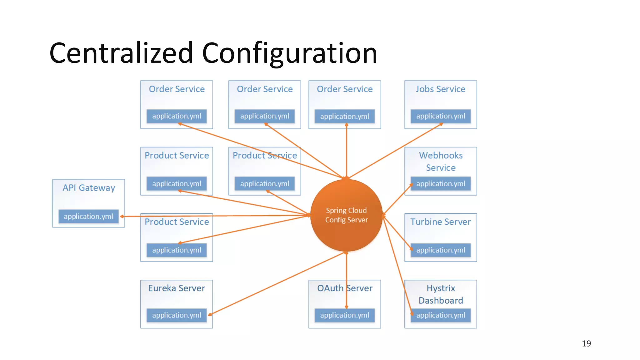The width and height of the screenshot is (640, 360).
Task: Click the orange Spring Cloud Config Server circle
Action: tap(346, 215)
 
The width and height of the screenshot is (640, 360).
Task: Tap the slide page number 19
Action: tap(586, 343)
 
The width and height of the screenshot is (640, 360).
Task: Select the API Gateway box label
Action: tap(89, 188)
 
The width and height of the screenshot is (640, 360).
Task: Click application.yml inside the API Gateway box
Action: tap(88, 216)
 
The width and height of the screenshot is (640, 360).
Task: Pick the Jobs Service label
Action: tap(440, 89)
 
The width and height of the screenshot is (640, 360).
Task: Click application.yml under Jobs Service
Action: tap(441, 116)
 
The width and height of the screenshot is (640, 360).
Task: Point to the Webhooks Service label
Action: tap(441, 161)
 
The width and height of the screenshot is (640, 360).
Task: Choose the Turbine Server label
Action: tap(440, 222)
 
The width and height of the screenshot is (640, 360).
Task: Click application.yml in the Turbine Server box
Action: tap(441, 250)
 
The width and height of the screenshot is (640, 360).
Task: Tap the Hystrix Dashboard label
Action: tap(441, 294)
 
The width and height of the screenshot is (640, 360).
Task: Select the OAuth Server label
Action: tap(345, 288)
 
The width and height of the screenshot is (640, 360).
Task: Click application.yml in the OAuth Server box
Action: tap(345, 315)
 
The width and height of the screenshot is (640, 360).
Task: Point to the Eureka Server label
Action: tap(177, 288)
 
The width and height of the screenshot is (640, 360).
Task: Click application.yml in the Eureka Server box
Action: tap(177, 315)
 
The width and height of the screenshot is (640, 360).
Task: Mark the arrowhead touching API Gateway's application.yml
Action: tap(122, 216)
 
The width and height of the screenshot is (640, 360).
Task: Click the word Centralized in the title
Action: tap(121, 53)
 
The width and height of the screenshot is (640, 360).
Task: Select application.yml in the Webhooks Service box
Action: tap(441, 184)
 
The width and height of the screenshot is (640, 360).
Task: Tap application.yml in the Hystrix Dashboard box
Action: tap(441, 315)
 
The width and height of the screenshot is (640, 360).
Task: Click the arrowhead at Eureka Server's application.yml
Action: tap(210, 314)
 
